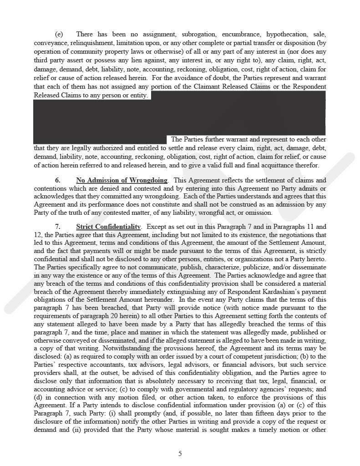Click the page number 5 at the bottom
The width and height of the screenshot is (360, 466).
pos(180,453)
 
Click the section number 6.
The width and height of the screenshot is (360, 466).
pos(58,180)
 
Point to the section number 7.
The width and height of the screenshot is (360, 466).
pos(58,226)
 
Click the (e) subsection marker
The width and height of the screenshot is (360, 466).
pos(59,34)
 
